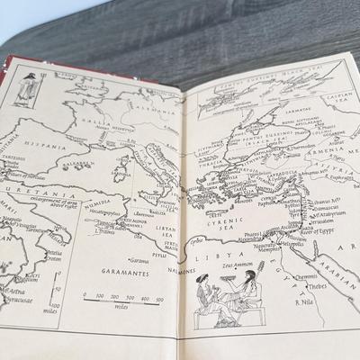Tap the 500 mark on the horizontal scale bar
click(x=158, y=296)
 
